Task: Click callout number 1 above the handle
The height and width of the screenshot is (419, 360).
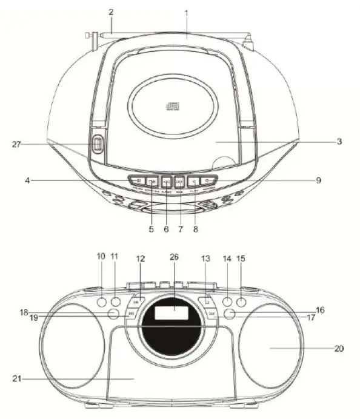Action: [187, 12]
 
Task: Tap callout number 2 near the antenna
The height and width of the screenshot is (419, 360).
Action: [111, 12]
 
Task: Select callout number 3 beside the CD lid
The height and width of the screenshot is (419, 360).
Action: [340, 142]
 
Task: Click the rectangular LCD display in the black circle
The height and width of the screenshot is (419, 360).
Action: [172, 313]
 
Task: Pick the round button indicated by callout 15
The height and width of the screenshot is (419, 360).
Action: [242, 302]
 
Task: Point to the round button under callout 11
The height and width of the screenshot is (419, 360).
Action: [116, 302]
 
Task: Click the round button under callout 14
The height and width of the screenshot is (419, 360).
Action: [228, 302]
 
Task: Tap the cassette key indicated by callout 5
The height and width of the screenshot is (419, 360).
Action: [152, 180]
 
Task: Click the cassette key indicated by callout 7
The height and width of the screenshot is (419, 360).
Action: [179, 180]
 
